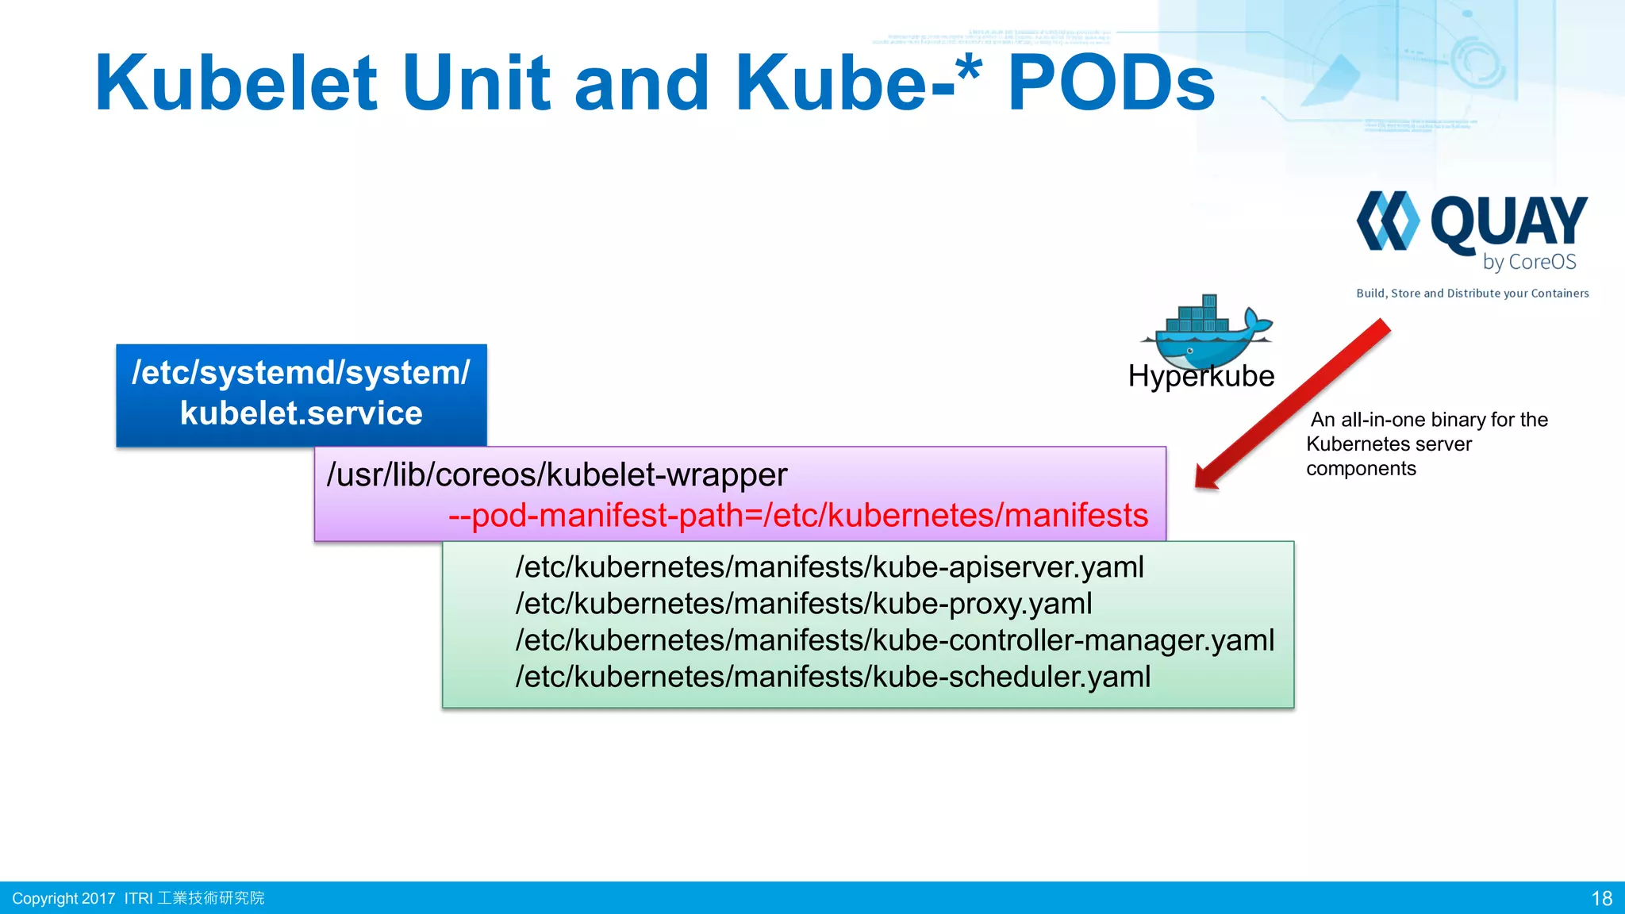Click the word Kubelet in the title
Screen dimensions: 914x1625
point(235,83)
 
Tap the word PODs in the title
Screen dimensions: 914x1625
point(1111,83)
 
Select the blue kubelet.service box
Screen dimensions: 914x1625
point(301,394)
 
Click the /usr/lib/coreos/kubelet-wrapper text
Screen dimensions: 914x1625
point(556,474)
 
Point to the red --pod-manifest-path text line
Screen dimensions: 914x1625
point(797,516)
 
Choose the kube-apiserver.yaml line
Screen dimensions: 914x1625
point(829,567)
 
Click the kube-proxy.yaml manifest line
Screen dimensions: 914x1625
point(803,604)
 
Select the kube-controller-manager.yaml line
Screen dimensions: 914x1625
point(894,640)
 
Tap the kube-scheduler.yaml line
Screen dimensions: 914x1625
point(832,677)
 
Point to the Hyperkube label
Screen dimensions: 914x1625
point(1201,376)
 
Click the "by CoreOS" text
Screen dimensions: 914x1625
point(1529,262)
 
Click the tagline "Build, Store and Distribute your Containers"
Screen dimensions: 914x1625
point(1472,294)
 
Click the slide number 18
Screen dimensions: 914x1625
point(1601,898)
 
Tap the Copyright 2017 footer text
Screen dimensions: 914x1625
point(63,898)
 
